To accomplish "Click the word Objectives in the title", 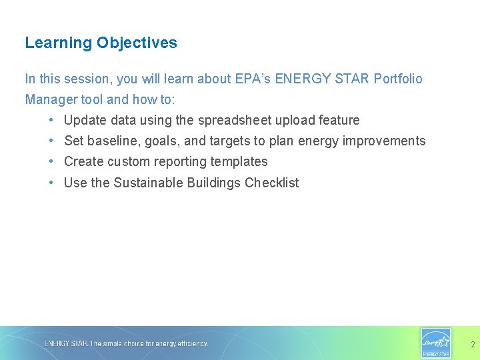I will (x=137, y=43).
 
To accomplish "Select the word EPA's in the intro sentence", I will (x=253, y=79).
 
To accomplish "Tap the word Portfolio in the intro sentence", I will (x=398, y=79).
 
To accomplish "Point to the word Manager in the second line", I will (x=50, y=99).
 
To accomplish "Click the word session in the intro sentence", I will (x=89, y=79).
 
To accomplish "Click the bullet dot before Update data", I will (x=51, y=121).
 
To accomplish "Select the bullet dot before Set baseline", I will (x=51, y=141).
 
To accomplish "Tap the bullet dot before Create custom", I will (x=51, y=162).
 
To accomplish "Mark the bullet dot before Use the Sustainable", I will (x=51, y=183).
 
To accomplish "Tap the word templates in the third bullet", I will (x=239, y=162).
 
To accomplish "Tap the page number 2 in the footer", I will (x=473, y=345).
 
